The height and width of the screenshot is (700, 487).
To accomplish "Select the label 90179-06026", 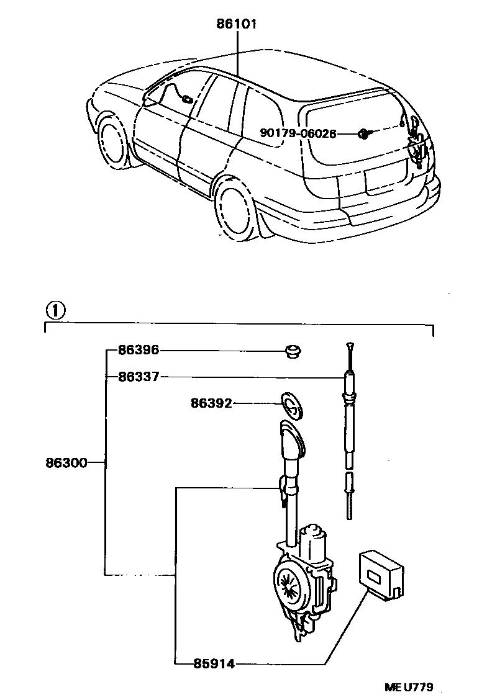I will coord(299,133).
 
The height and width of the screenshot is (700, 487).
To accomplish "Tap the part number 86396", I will coord(139,351).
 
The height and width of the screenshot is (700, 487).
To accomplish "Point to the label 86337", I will coord(139,376).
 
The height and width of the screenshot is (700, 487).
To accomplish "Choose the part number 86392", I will coord(211,403).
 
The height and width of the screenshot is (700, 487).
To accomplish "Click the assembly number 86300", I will coord(66,462).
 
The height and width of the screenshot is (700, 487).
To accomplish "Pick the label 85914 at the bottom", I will coord(213,664).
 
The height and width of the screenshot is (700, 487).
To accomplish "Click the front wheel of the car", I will coord(112,143).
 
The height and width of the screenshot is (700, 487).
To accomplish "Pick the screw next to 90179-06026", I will coord(364,133).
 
